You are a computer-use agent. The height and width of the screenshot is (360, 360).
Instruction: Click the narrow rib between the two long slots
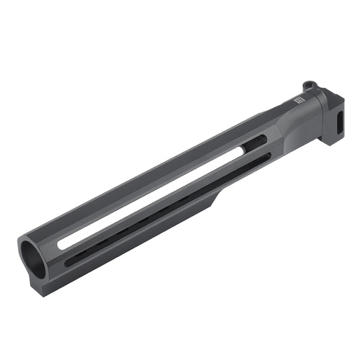[x=166, y=204]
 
